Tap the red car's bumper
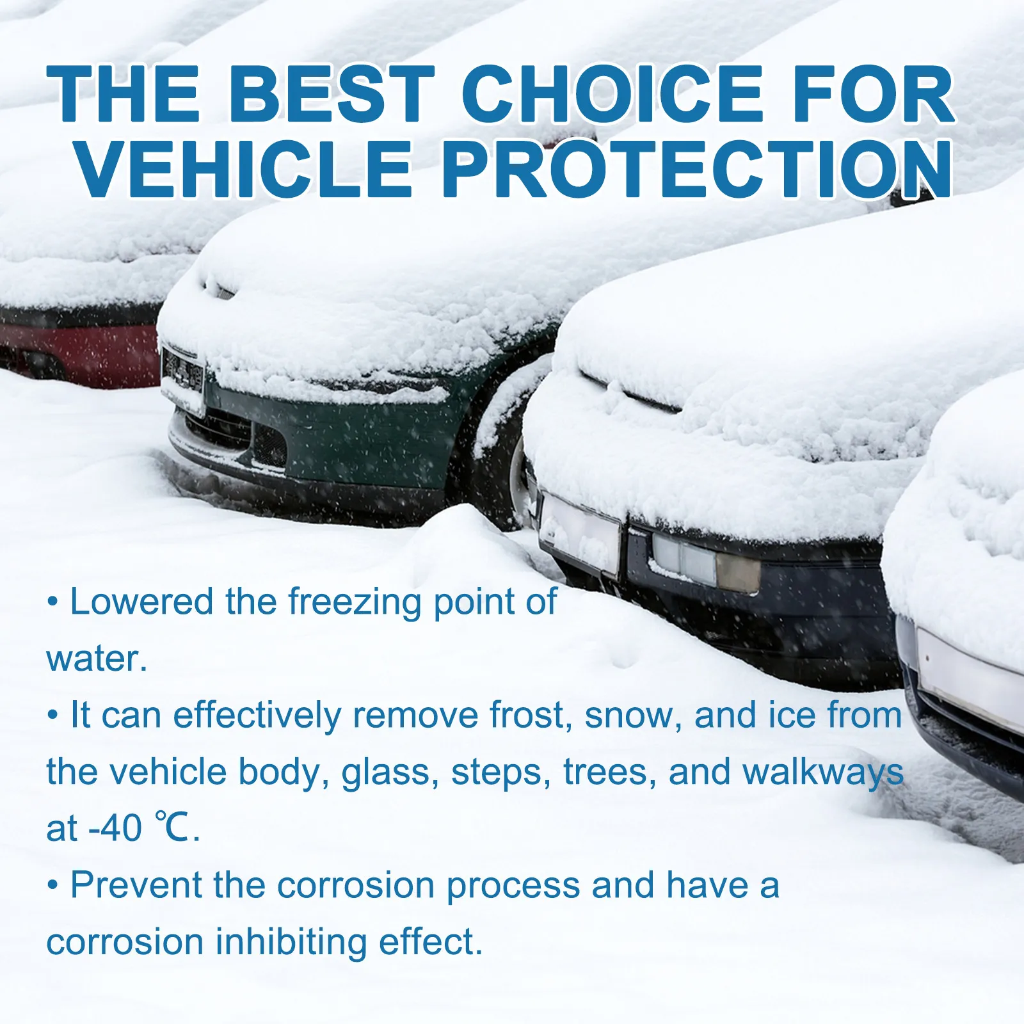pos(80,355)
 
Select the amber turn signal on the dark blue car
pos(738,572)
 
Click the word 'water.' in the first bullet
pos(97,659)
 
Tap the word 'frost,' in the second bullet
pos(531,715)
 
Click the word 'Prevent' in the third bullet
pos(136,885)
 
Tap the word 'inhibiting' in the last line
pos(291,942)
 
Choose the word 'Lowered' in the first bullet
pos(141,602)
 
